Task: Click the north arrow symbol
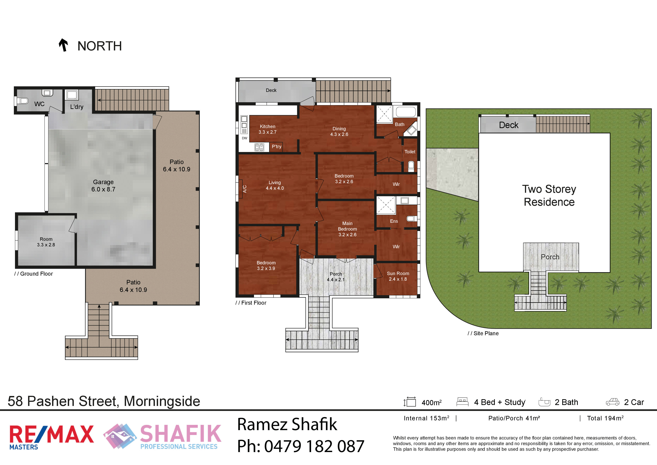(63, 45)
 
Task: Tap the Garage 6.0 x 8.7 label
(103, 186)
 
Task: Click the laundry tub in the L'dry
(72, 95)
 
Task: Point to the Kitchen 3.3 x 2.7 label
(268, 129)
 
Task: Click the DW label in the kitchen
(244, 138)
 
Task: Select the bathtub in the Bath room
(406, 112)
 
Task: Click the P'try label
(276, 147)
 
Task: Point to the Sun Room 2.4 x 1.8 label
(398, 276)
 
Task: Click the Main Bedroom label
(347, 226)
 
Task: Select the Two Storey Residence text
(549, 195)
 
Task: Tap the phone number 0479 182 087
(314, 446)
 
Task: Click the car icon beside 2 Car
(613, 402)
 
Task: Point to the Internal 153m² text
(426, 418)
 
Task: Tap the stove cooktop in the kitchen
(259, 147)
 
